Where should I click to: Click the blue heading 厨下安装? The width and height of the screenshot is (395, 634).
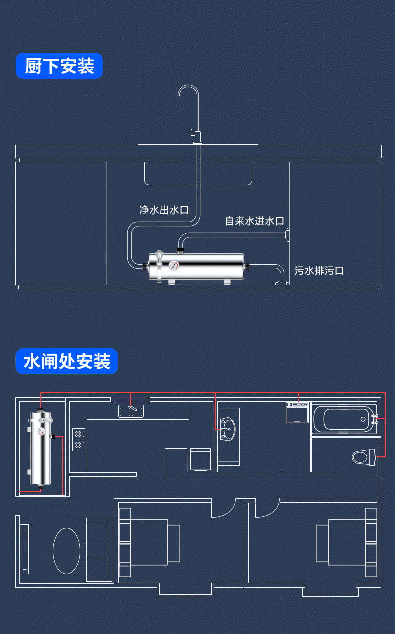tap(59, 66)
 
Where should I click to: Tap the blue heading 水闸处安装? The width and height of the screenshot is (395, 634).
tap(67, 361)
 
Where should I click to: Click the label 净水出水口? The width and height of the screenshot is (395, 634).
tap(164, 210)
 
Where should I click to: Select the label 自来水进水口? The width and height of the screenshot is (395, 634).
tap(255, 221)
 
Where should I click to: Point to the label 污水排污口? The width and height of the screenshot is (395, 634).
tap(319, 271)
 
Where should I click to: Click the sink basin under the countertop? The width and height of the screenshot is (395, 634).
tap(198, 173)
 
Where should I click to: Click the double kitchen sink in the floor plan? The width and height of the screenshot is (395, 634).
tap(130, 411)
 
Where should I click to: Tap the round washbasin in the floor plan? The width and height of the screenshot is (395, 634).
tap(227, 428)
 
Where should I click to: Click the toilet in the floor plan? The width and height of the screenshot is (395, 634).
tap(363, 457)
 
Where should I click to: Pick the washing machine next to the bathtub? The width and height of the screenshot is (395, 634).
tap(297, 412)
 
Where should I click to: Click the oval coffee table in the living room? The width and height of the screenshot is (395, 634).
tap(66, 550)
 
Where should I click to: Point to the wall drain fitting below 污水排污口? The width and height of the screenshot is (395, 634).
tap(282, 284)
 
